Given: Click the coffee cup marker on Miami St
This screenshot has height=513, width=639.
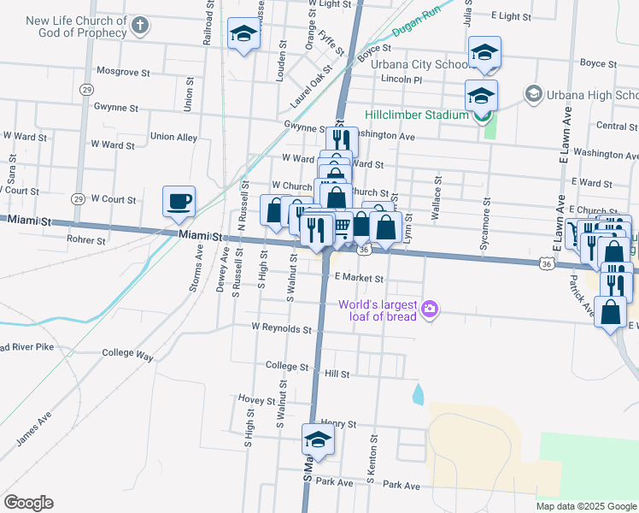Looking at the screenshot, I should pos(179,202).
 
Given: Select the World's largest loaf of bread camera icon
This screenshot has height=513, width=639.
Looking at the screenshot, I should pos(430,308).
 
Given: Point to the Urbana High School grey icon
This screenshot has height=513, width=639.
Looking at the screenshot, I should pos(534,93).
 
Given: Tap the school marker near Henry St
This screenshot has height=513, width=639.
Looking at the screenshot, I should pos(318,440).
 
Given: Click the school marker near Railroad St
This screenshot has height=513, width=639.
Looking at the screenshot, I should pos(243,34).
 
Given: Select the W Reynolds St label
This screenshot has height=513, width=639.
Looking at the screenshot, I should pos(281,328).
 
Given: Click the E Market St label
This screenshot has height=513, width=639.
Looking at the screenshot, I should pos(359,278).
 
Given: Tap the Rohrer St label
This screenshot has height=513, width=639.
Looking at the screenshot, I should pos(85,241).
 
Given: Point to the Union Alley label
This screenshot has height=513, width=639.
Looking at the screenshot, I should pos(173,137).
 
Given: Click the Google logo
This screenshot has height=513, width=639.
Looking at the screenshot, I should pos(28,503).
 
